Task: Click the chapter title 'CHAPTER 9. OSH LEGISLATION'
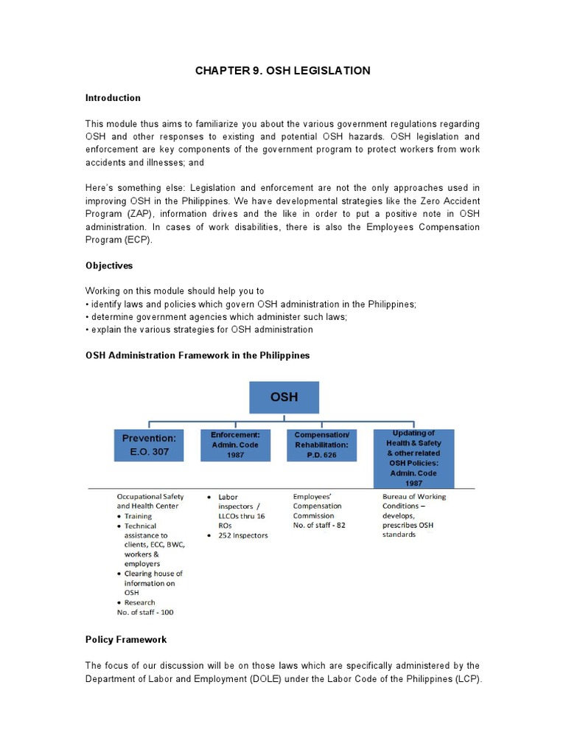coord(282,71)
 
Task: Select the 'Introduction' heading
coord(113,98)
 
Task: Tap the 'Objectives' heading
coord(109,265)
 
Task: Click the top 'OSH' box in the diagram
coord(284,397)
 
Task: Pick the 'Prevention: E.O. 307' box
coord(150,445)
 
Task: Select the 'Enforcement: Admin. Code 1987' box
coord(235,445)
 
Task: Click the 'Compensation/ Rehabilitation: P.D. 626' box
coord(321,445)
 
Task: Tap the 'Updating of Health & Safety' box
coord(413,457)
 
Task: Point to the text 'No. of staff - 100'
coord(146,612)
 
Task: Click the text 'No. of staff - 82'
coord(319,525)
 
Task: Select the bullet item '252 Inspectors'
coord(243,535)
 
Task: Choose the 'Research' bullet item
coord(140,602)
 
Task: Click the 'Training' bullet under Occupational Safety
coord(138,516)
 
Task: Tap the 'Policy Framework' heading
coord(126,639)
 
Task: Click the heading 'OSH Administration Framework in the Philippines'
coord(198,355)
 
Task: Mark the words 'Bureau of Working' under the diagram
coord(413,497)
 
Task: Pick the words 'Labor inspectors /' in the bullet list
coord(236,501)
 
